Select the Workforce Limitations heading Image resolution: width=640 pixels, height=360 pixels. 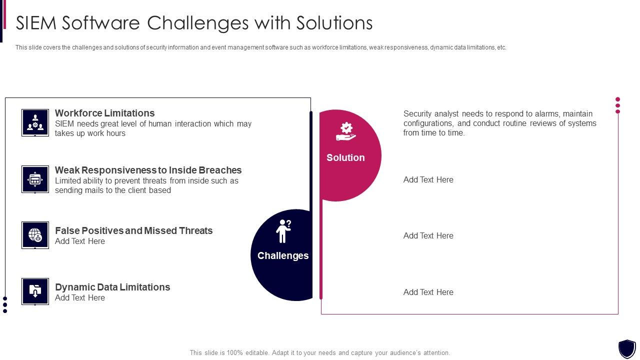pos(104,113)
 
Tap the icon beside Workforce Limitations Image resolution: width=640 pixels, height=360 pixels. pos(35,122)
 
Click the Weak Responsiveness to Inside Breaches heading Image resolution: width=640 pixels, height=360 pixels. pos(148,170)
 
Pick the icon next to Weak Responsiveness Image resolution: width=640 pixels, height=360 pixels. pos(35,179)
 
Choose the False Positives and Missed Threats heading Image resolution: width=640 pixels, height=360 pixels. pos(133,230)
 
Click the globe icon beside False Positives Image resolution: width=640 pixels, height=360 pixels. pos(35,235)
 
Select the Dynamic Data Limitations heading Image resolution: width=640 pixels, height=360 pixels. pos(112,287)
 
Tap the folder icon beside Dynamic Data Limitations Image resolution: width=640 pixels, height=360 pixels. pos(35,291)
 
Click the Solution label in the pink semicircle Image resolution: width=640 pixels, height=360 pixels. pos(345,157)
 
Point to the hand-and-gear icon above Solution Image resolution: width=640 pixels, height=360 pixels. pos(346,131)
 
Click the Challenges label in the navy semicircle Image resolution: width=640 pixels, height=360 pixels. pos(283,255)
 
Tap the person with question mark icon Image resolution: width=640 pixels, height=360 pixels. pos(283,231)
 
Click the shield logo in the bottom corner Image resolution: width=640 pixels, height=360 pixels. pos(626,348)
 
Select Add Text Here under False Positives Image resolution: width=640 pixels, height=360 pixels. pos(80,241)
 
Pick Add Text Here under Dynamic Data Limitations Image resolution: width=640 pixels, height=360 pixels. pos(80,297)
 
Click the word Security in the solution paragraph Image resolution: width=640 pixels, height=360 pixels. pos(417,113)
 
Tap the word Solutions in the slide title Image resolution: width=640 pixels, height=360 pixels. pos(334,23)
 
